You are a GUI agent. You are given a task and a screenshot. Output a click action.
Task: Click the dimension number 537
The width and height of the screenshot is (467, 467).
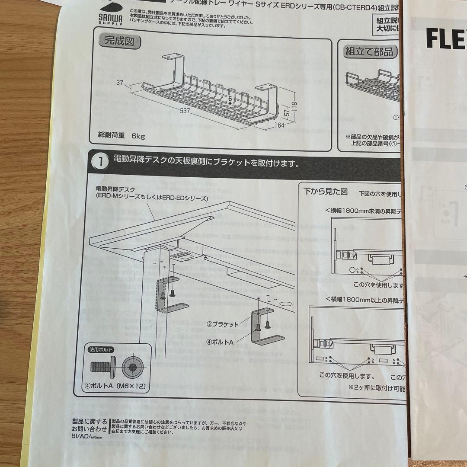click(185, 111)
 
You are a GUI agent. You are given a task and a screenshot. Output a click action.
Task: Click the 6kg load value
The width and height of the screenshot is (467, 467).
click(138, 136)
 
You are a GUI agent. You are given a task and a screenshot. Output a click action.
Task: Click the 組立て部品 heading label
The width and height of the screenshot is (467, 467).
click(370, 52)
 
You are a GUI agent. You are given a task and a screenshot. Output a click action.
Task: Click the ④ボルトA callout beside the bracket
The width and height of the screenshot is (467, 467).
click(220, 341)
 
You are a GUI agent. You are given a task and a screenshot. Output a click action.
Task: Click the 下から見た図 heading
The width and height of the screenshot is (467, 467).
click(325, 191)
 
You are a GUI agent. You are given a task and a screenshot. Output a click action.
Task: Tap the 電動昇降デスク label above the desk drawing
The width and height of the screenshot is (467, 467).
click(115, 189)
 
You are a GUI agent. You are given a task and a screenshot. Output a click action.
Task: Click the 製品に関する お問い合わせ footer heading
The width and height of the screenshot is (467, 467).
click(90, 425)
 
